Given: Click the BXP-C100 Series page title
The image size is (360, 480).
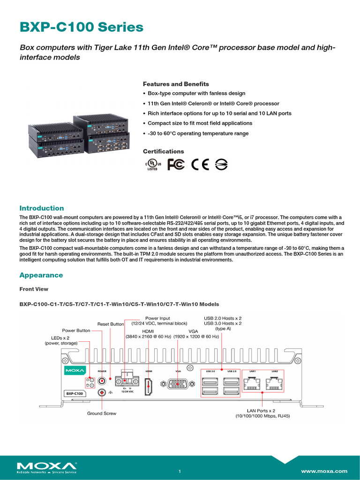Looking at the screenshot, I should click(x=81, y=28).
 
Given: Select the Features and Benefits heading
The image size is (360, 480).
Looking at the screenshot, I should click(x=176, y=84).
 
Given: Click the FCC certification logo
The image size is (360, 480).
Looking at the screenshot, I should click(x=176, y=164).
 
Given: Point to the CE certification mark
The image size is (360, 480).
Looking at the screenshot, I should click(x=200, y=164).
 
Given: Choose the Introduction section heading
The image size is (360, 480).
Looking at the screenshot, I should click(x=41, y=208).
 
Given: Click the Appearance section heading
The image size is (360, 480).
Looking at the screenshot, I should click(x=41, y=275).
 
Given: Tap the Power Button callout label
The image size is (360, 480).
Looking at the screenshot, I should click(x=76, y=330).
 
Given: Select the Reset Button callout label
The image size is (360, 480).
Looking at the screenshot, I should click(x=111, y=324).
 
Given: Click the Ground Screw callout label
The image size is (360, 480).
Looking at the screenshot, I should click(x=102, y=413).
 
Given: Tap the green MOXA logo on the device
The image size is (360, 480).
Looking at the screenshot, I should click(x=75, y=370).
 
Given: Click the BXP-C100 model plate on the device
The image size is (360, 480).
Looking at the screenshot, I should click(x=75, y=394).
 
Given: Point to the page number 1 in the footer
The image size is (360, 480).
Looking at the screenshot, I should click(x=180, y=471).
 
